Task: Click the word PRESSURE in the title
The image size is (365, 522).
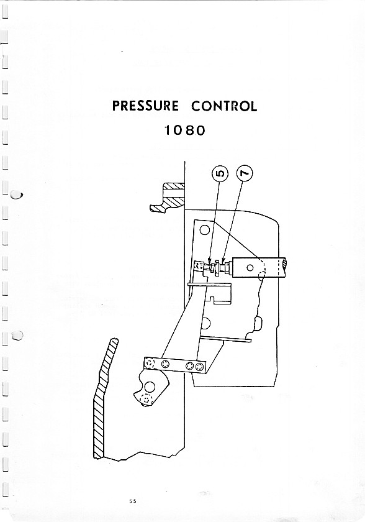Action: pos(145,106)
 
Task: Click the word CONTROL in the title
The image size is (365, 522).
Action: pos(224,106)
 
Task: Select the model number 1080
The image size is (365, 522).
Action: pos(185,130)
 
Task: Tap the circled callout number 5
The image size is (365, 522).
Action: pos(219,174)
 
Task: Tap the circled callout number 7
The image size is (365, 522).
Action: pos(245,173)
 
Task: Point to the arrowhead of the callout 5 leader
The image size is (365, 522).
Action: pos(210,260)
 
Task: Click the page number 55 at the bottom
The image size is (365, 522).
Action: pos(133,501)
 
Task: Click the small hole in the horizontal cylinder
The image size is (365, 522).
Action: pos(250,268)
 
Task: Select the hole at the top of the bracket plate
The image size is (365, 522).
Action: pos(204,230)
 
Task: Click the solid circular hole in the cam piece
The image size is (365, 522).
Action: pos(150,387)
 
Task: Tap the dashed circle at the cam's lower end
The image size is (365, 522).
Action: pos(145,398)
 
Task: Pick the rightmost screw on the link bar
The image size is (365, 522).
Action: pos(199,367)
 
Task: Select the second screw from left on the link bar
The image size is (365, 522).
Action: pos(165,364)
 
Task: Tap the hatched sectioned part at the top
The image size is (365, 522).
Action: pos(168,197)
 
